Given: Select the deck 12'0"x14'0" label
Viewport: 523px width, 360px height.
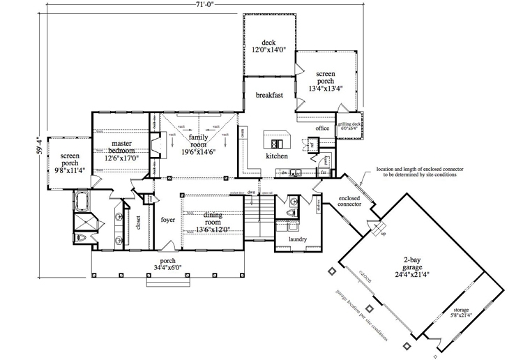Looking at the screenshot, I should point(265,45).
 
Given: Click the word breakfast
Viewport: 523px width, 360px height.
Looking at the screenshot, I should point(268,95).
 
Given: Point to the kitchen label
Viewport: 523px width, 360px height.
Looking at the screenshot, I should point(276,156).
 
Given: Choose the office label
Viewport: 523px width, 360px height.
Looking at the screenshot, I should point(321,129).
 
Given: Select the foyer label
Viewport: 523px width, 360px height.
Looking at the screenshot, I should point(168,220).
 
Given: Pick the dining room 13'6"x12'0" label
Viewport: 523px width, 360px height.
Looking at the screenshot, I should point(213,222).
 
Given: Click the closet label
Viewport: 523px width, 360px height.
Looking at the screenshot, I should point(139,223).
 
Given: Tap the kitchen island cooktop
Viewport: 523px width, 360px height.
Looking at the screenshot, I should point(277,143).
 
